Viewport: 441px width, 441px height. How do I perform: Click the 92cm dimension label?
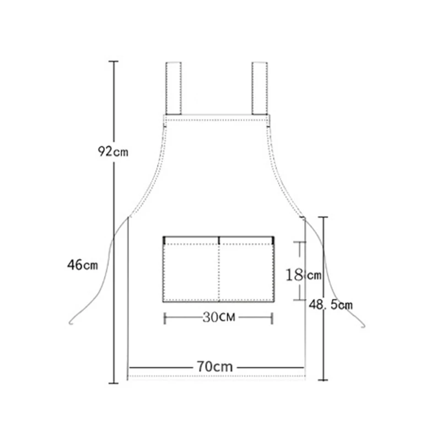(x=114, y=151)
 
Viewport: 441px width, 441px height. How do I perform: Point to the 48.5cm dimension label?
(x=331, y=304)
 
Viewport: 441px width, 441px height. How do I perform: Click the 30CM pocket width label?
(x=218, y=317)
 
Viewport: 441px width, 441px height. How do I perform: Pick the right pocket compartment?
(x=246, y=270)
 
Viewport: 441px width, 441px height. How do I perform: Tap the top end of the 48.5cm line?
(x=324, y=217)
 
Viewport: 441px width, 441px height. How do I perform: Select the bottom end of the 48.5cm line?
(x=324, y=380)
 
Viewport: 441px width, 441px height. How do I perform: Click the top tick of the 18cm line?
(x=299, y=241)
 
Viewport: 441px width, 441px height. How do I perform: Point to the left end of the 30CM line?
(x=165, y=317)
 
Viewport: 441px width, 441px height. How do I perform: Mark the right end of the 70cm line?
(x=304, y=367)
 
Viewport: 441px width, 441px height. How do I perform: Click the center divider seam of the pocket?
(x=219, y=270)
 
